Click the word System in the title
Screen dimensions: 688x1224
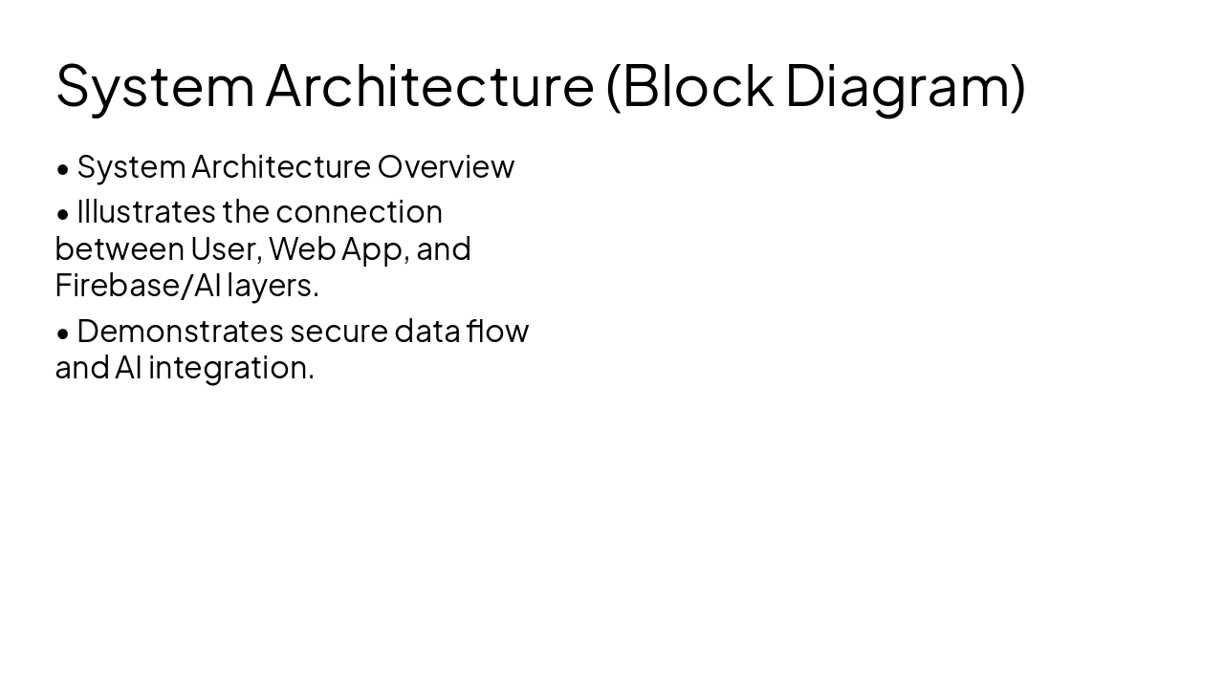(x=155, y=86)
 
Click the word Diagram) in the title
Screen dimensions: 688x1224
(x=905, y=86)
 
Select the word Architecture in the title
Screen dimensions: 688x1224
(x=429, y=86)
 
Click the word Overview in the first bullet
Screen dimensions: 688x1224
(x=446, y=167)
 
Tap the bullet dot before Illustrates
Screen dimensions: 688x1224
(x=63, y=214)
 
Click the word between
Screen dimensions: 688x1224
(x=120, y=249)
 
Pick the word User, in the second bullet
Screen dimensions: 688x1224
(x=226, y=249)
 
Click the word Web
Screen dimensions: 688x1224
(x=300, y=249)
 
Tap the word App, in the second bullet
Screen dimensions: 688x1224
(x=374, y=249)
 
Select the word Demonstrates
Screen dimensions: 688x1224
(x=180, y=331)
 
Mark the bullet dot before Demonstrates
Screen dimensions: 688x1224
(x=63, y=333)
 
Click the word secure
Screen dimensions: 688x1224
(x=339, y=331)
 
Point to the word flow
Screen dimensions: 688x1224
(x=498, y=331)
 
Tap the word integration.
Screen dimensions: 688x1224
(x=230, y=368)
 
